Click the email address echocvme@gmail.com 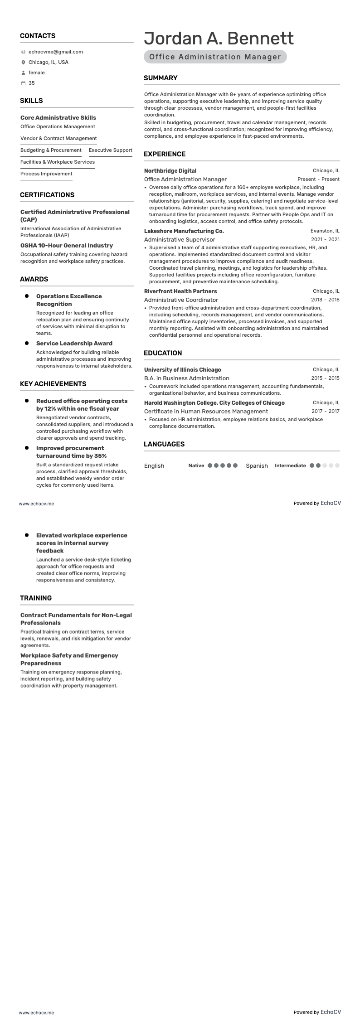point(55,52)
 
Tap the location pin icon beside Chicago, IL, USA point(23,63)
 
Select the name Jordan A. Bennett point(219,39)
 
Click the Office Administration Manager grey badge point(215,57)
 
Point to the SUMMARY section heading point(161,78)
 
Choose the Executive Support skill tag point(110,150)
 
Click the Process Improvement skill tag point(46,174)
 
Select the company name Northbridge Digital point(170,171)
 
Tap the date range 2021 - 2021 point(325,239)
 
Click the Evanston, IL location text point(325,231)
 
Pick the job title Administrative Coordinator point(181,300)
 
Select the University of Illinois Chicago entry point(182,369)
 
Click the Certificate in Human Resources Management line point(206,411)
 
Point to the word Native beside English point(196,465)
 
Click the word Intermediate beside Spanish point(290,465)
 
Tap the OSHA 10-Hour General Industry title point(67,246)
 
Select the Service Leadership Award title point(74,344)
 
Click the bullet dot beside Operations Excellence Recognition point(27,296)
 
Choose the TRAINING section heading point(36,598)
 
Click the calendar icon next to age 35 point(23,83)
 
